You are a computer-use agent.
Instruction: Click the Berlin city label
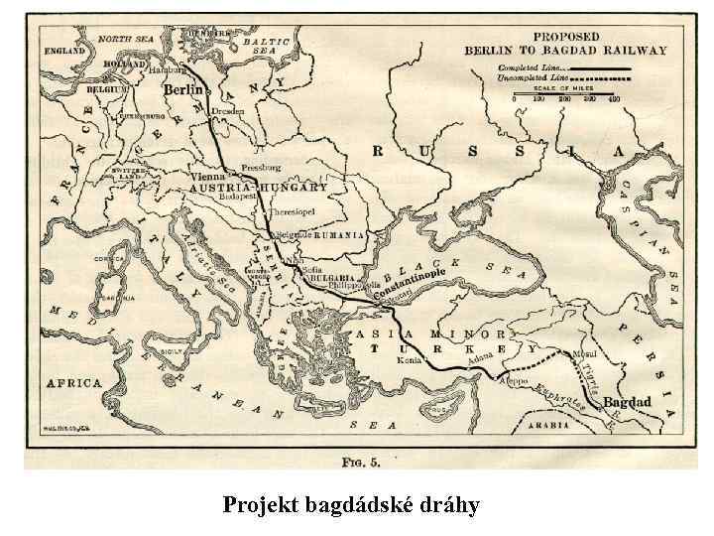[182, 89]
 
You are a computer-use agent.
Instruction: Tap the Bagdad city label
[627, 402]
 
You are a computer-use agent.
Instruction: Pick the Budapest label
[236, 198]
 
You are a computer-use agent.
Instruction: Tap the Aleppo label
[515, 380]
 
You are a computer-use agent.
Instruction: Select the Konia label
[433, 360]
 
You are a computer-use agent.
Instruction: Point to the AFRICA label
[74, 382]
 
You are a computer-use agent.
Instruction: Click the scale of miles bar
[565, 95]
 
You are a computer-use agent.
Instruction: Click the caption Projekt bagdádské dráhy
[351, 505]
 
